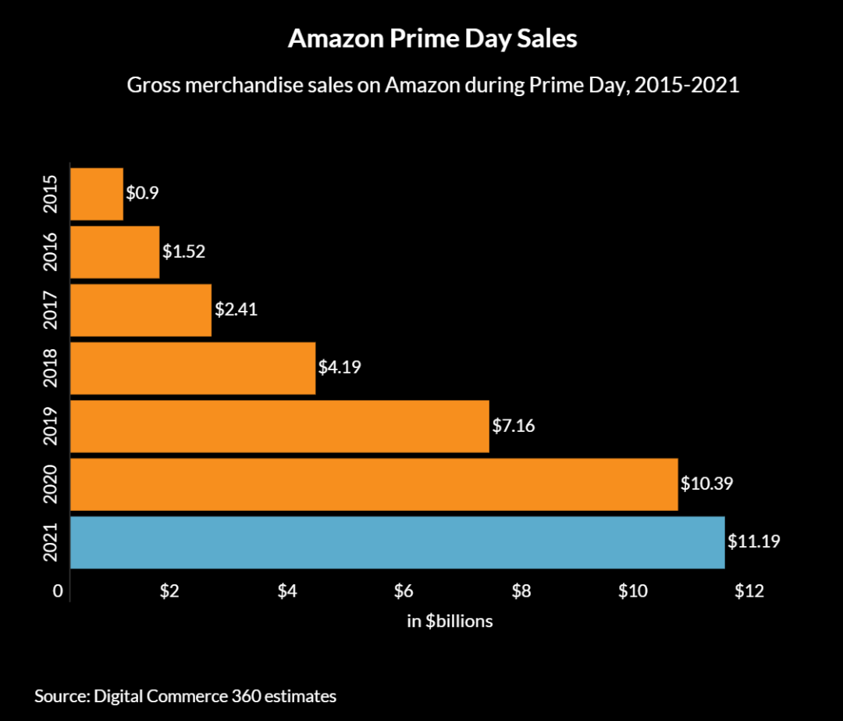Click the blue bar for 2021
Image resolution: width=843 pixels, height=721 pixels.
397,542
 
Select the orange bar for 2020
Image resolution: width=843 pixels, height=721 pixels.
374,484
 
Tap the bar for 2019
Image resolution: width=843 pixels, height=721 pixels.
279,426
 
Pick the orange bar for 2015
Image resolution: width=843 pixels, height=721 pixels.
97,194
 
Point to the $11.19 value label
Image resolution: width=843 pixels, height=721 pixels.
754,541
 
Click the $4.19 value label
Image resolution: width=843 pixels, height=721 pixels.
340,367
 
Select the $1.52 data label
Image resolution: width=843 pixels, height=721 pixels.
183,252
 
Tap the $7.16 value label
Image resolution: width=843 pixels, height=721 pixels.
514,426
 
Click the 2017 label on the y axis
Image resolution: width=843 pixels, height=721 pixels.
51,310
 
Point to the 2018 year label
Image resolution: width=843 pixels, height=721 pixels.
51,368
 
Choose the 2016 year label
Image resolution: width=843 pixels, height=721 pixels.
51,252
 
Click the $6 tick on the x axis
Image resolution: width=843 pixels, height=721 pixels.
403,591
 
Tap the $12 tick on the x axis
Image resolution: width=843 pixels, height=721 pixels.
748,591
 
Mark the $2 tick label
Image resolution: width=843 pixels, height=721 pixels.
170,591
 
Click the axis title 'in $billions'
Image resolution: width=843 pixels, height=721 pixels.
450,622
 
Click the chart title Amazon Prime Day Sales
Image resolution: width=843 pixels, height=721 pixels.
432,39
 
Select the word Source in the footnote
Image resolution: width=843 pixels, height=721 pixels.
60,695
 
